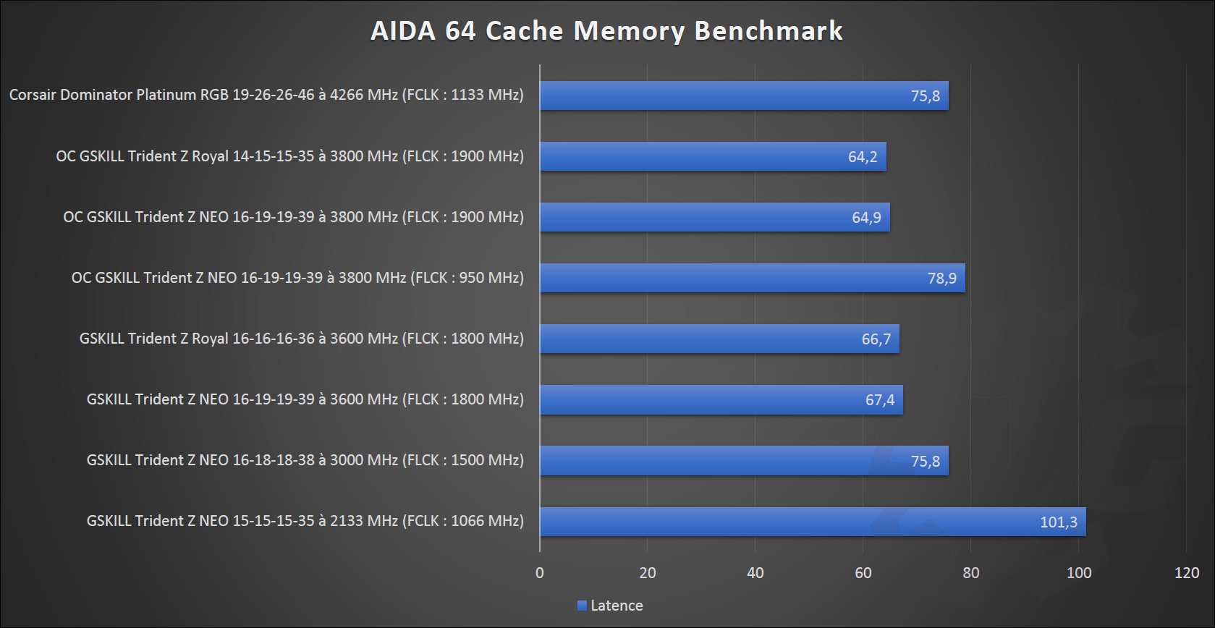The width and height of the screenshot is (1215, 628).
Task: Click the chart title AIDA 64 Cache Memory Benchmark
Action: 606,31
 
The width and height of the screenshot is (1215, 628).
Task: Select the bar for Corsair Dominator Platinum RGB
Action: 744,96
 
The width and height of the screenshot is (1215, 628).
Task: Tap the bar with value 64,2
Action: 713,156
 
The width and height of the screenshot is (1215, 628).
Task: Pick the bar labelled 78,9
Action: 753,278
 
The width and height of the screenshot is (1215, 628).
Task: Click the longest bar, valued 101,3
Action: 813,522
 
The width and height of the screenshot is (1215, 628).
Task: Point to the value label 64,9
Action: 866,218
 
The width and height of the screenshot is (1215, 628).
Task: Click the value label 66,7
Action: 876,339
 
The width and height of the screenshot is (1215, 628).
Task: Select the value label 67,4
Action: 880,400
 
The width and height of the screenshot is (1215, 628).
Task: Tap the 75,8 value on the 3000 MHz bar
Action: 925,461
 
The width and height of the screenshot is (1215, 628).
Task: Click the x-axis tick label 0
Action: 540,573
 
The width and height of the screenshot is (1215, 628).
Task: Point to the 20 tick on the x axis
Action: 648,573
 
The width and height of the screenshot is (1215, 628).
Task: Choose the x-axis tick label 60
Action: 863,573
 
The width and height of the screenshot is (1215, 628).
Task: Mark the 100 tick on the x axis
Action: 1079,573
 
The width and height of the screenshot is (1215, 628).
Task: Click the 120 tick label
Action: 1187,573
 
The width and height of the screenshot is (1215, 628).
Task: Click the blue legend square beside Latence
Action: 582,606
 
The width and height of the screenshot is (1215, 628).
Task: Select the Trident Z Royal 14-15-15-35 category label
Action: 289,156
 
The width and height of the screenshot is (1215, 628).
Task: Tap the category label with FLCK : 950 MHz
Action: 297,278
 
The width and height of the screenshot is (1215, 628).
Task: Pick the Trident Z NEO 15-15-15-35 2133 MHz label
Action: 305,521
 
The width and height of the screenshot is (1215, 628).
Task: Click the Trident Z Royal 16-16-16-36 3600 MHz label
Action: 301,339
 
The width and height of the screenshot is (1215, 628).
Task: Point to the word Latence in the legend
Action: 617,606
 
